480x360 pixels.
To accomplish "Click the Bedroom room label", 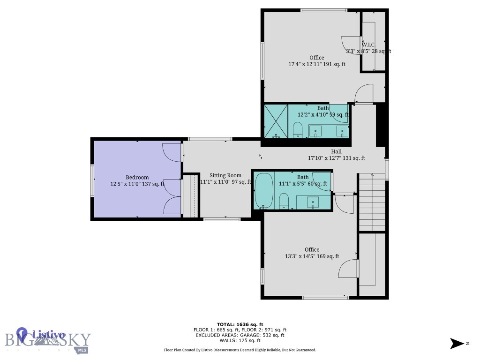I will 137,177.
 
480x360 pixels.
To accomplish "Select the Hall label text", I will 336,151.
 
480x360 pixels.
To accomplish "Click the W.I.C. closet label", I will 368,45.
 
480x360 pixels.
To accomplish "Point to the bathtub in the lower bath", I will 263,191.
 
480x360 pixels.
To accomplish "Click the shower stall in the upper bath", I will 276,121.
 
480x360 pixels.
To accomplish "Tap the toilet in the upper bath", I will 298,130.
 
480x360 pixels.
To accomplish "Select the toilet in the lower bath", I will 284,202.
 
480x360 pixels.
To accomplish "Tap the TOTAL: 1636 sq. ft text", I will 240,324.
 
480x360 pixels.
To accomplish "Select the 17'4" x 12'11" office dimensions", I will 317,64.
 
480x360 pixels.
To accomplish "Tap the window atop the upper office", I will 324,10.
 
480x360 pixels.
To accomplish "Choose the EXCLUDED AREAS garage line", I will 240,335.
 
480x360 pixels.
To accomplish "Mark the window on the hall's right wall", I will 387,170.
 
